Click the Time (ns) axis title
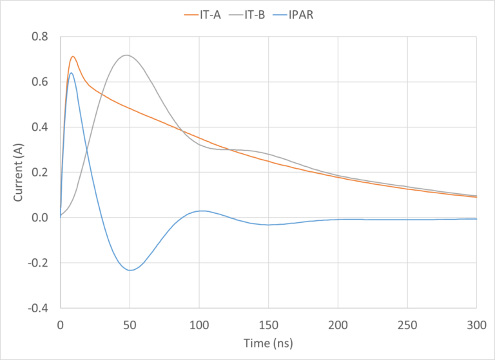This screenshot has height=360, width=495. click(x=268, y=342)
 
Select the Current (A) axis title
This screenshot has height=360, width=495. click(x=18, y=173)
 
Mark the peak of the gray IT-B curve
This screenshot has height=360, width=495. click(x=126, y=55)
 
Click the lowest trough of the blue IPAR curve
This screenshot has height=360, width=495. click(x=130, y=270)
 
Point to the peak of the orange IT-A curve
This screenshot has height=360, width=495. click(x=73, y=57)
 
